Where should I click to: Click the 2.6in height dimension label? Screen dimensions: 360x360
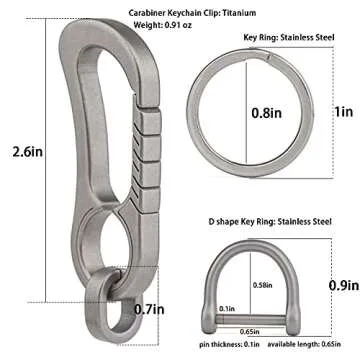coord(28,152)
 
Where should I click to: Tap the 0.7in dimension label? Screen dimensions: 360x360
coord(149,310)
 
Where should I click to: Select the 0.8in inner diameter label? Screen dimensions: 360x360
coord(266,113)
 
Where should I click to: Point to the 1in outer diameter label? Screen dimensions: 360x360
coord(344,112)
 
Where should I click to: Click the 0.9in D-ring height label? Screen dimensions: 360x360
coord(344,285)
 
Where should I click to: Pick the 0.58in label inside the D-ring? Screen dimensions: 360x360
coord(263,285)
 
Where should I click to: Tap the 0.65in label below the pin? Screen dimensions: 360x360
coord(250,331)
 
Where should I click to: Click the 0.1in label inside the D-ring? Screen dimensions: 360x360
coord(227,309)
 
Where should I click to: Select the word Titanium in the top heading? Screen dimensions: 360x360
coord(239,13)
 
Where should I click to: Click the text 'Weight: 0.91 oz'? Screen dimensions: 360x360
coord(163,25)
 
